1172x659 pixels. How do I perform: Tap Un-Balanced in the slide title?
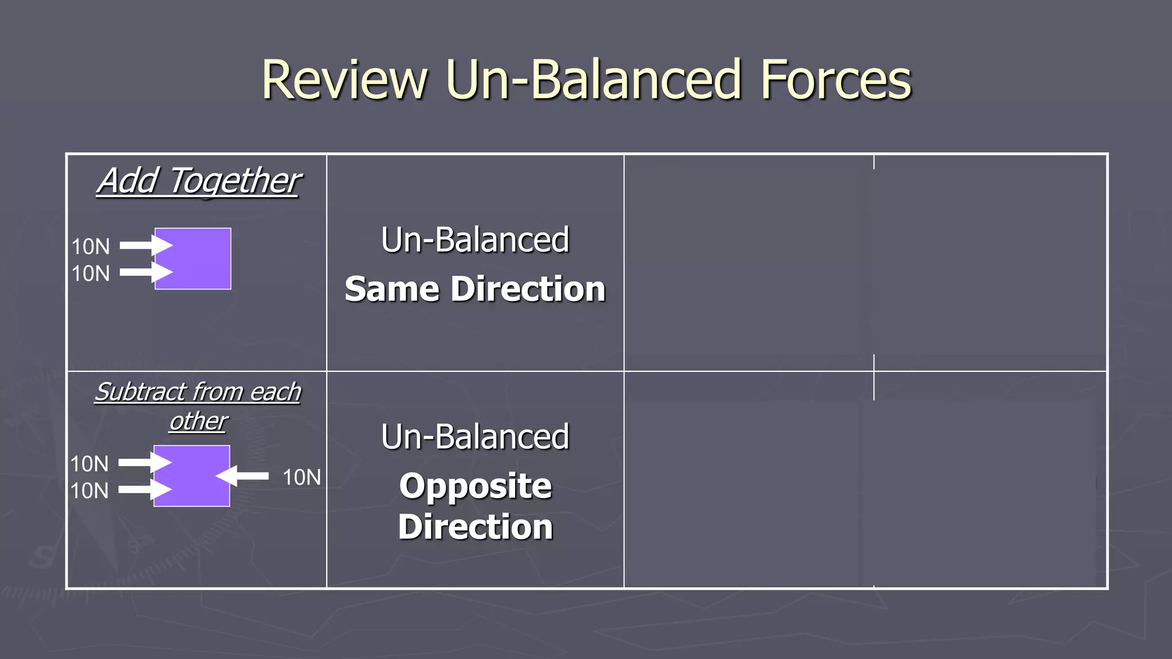[x=593, y=80]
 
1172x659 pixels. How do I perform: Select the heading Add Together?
[x=199, y=181]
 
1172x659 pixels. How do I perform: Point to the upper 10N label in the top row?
[x=90, y=247]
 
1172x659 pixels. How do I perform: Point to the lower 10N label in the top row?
[x=90, y=273]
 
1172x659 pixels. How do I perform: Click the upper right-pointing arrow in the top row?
[x=145, y=245]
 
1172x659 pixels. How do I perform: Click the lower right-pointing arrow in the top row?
[x=145, y=272]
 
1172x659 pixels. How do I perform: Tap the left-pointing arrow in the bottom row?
[x=243, y=476]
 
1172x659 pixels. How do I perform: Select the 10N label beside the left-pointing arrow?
[x=302, y=477]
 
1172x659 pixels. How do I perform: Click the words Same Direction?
[x=475, y=289]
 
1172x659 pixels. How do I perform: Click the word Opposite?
[x=476, y=486]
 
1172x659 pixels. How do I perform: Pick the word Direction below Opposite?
[x=476, y=527]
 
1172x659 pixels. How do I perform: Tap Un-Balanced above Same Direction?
[x=475, y=240]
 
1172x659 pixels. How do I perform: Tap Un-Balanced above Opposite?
[x=475, y=436]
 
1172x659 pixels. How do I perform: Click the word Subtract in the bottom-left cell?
[x=141, y=392]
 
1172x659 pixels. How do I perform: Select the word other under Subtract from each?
[x=199, y=422]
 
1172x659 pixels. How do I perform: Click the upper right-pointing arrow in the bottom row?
[x=144, y=462]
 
